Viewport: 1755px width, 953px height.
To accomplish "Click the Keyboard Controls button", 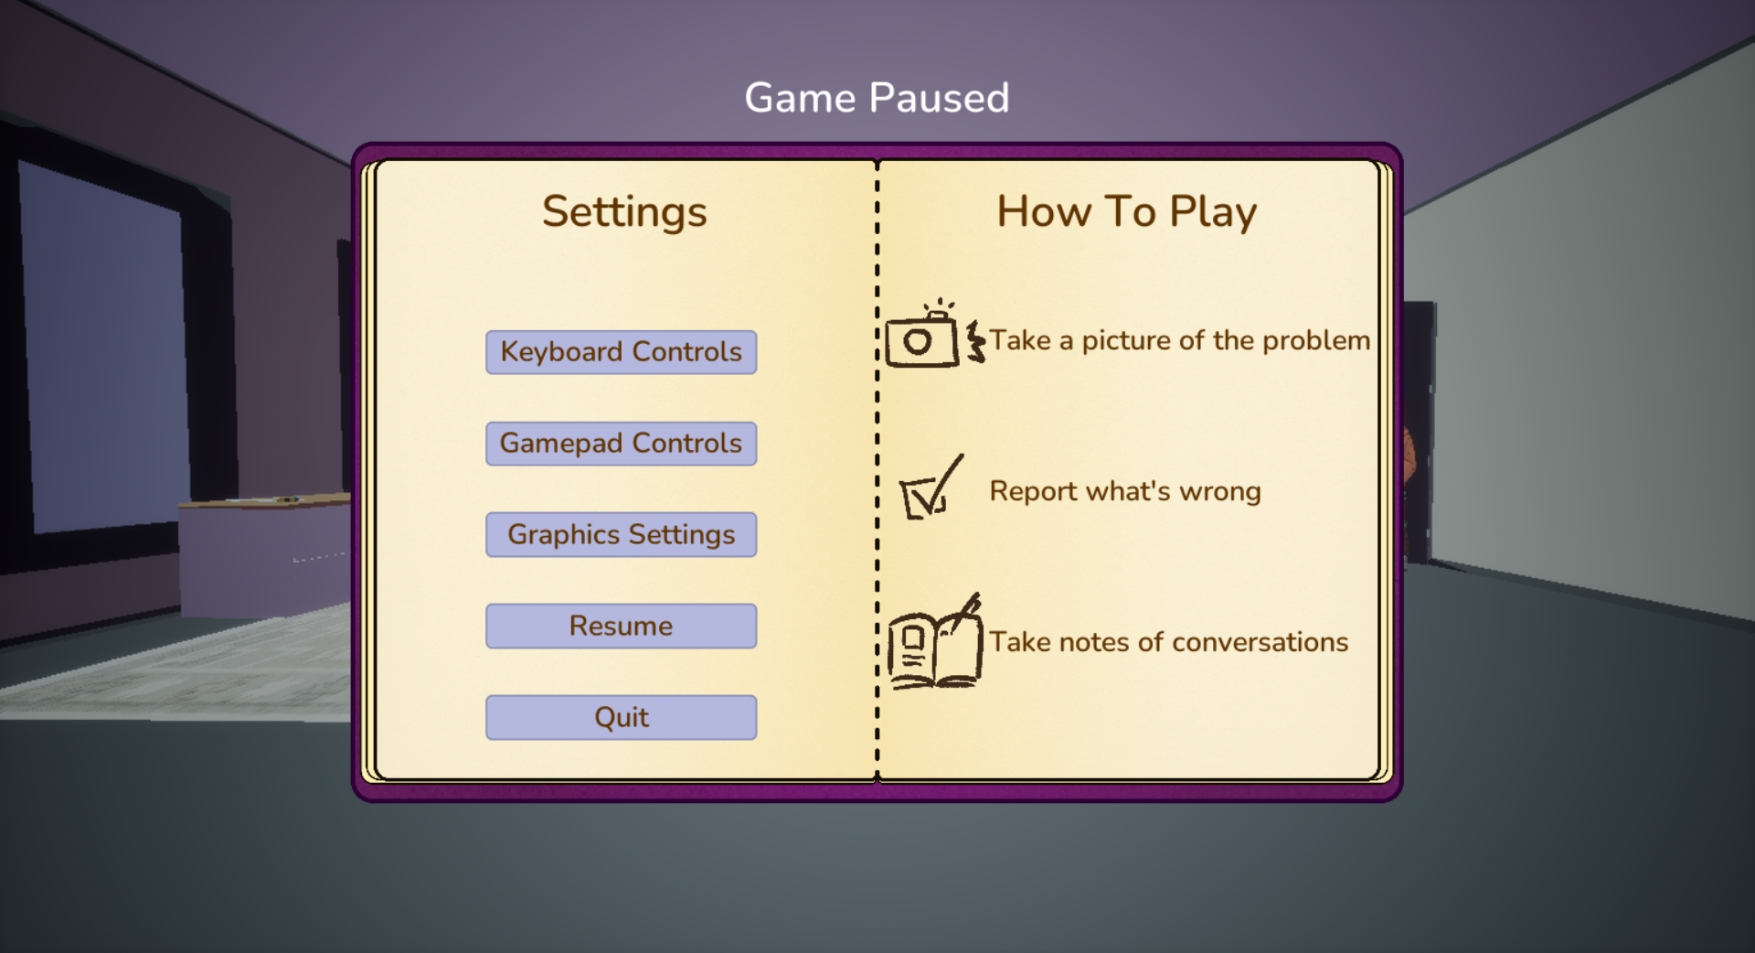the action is (x=621, y=352).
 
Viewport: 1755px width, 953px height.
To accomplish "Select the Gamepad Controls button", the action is (x=621, y=444).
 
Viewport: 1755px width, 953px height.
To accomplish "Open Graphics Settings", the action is (x=621, y=534).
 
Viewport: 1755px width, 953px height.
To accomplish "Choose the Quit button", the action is (x=621, y=717).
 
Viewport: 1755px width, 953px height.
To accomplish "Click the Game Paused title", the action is (x=877, y=98).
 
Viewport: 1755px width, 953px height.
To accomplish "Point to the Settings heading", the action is (x=624, y=212).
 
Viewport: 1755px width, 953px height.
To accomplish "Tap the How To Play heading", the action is (x=1127, y=212).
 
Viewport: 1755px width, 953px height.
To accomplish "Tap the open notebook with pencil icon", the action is (x=934, y=642).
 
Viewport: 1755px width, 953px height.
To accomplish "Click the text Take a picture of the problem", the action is (x=1180, y=341).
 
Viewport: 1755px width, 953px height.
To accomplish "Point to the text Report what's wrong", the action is (x=1125, y=491).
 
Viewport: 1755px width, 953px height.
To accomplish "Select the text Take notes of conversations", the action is (x=1169, y=642).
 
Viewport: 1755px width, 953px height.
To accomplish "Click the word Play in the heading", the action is (x=1214, y=212).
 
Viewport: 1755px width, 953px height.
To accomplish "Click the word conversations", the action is (x=1260, y=642).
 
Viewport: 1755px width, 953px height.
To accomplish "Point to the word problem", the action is (x=1316, y=341).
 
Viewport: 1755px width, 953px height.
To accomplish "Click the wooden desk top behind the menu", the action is (x=265, y=500).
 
